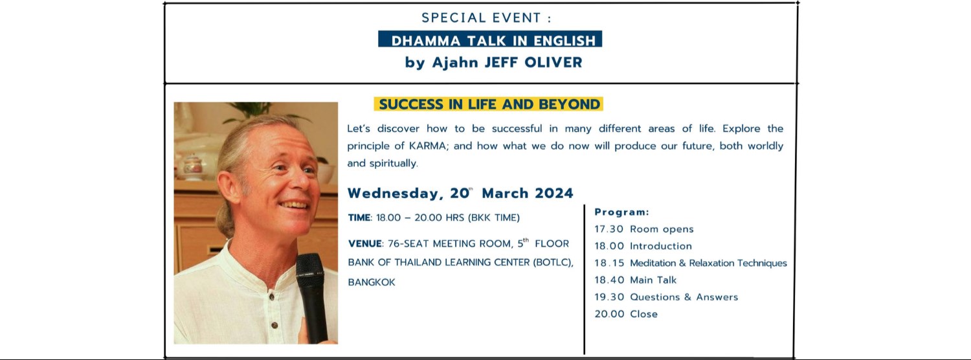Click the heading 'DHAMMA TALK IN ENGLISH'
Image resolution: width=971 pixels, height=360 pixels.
coord(490,40)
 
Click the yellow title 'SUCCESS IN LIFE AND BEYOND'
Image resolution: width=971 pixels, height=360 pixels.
coord(489,104)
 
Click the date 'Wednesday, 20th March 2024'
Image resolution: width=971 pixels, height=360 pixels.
coord(460,193)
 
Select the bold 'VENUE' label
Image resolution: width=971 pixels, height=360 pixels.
coord(364,244)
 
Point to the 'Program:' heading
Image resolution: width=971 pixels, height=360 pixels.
coord(621,212)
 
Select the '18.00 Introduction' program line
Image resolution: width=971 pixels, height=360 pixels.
coord(643,246)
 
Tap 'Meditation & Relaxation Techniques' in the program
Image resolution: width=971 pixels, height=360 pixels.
coord(708,263)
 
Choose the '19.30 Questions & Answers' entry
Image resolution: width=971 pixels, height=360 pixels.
coord(666,297)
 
